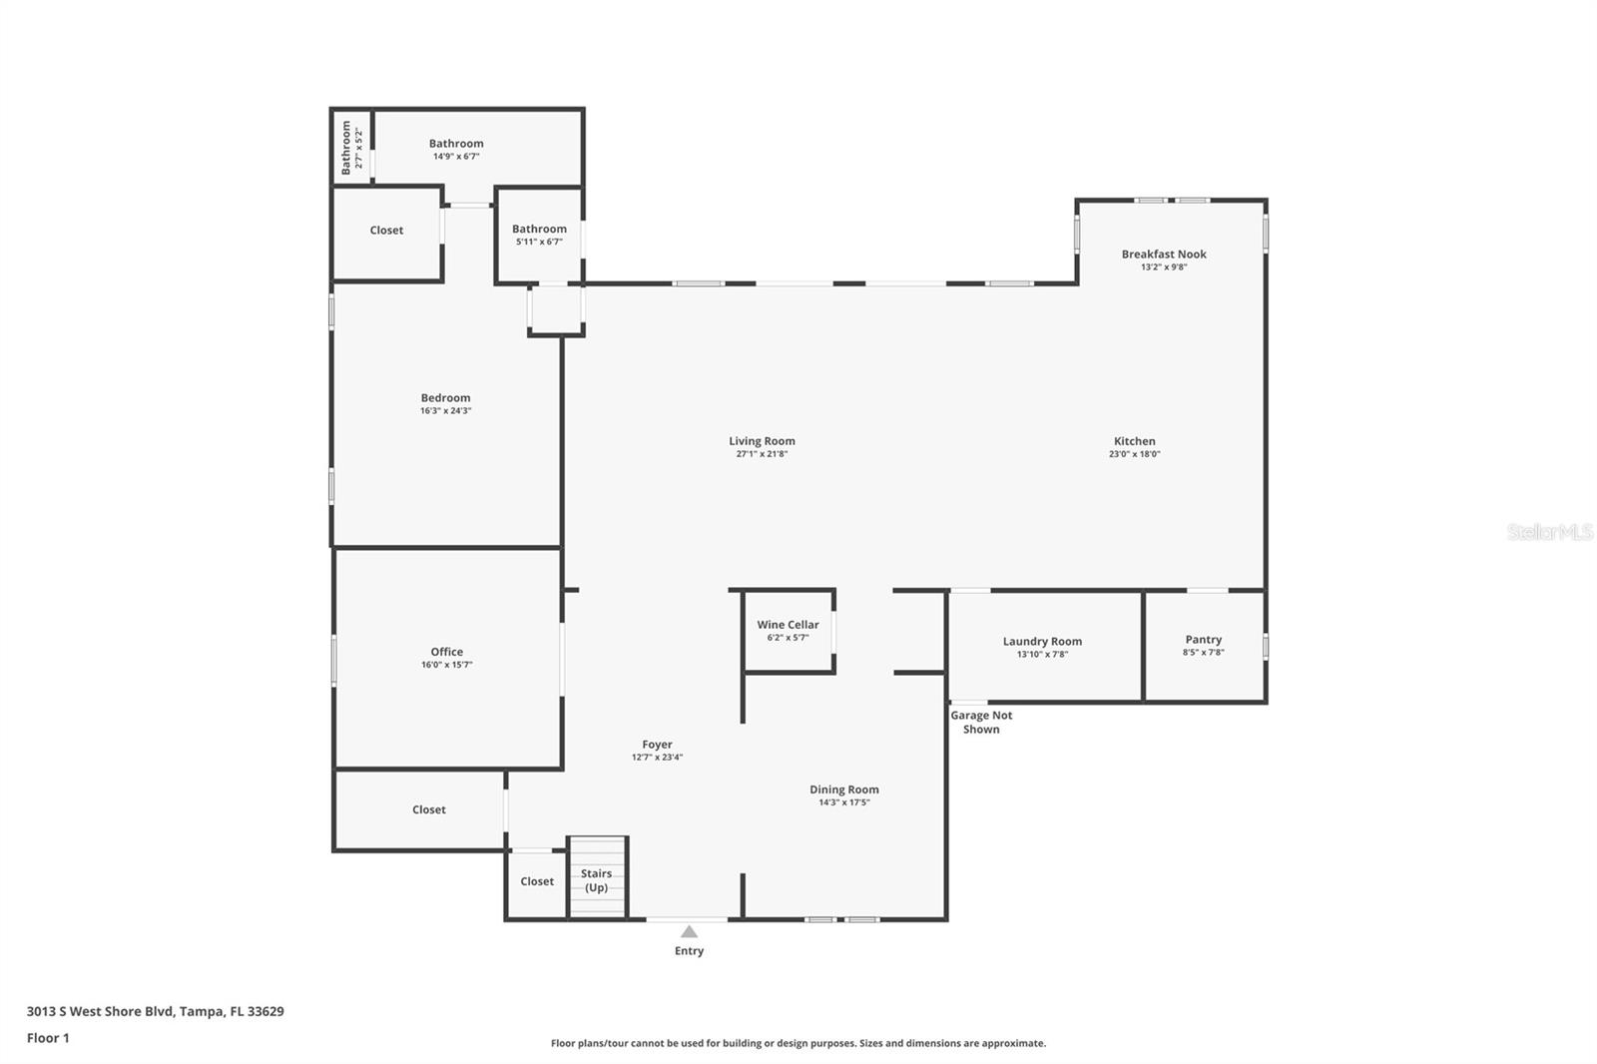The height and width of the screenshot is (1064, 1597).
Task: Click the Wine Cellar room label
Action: click(x=788, y=625)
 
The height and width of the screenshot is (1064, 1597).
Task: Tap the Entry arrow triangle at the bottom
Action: click(x=689, y=932)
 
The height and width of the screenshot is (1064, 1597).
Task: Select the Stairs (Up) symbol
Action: click(x=597, y=879)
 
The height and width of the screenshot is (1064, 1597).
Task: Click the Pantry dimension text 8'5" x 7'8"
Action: click(x=1204, y=653)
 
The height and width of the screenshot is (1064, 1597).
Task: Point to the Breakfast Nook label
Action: click(x=1164, y=255)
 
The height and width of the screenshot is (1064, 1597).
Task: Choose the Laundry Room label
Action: click(x=1042, y=642)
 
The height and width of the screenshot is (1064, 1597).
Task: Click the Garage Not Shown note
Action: click(x=981, y=722)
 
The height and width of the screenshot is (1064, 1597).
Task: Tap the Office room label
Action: click(x=446, y=652)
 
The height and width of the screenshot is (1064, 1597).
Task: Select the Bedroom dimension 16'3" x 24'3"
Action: click(x=445, y=411)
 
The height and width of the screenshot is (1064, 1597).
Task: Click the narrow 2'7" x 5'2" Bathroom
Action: click(x=351, y=148)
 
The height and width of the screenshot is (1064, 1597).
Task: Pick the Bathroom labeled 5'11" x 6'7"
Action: click(x=539, y=235)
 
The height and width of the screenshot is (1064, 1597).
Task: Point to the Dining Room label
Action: click(x=844, y=790)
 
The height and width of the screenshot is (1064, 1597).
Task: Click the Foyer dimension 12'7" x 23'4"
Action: click(x=657, y=758)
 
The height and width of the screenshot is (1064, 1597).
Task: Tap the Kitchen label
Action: click(x=1135, y=441)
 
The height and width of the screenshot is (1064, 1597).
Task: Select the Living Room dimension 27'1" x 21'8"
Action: click(x=762, y=454)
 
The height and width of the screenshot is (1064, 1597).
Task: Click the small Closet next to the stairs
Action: click(x=537, y=881)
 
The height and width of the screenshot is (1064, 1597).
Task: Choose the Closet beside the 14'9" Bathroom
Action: click(x=386, y=231)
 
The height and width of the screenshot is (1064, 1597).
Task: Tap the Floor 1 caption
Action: click(x=48, y=1038)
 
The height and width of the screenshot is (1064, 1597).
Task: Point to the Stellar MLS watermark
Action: click(x=1549, y=533)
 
